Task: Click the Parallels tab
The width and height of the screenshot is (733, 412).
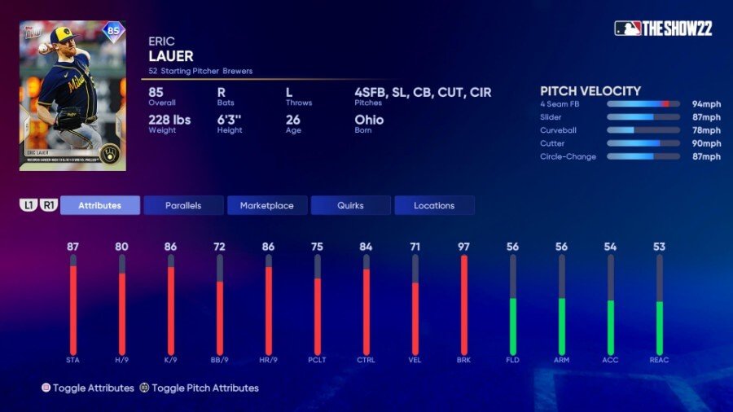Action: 183,205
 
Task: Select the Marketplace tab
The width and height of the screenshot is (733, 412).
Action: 266,205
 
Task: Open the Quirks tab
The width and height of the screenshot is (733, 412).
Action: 350,205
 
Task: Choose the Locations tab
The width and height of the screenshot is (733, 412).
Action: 434,205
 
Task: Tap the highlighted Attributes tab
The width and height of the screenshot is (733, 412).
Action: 99,205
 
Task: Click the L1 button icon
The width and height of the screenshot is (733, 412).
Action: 29,205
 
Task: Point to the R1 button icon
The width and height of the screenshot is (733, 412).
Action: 48,205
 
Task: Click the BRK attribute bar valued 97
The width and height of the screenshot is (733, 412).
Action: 464,305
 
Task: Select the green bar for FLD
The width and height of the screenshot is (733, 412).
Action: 513,326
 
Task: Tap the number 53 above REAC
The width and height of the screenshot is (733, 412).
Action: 659,247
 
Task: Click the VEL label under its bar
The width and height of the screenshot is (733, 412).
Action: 415,360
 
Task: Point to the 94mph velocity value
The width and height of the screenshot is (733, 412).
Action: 706,104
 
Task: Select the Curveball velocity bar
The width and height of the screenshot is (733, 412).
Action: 643,130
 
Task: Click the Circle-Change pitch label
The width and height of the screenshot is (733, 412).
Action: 568,156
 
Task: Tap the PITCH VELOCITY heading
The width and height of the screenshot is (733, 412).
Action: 590,91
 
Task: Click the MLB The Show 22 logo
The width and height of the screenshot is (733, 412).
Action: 663,28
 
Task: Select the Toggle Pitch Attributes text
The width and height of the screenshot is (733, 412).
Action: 204,388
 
